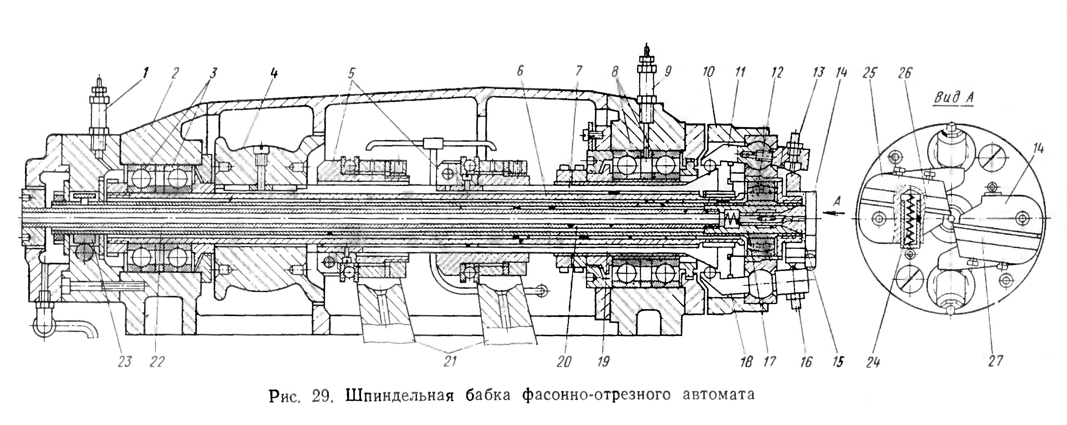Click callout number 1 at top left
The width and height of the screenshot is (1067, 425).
point(145,74)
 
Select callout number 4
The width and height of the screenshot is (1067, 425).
point(274,74)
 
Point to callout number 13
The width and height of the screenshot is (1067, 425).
point(819,72)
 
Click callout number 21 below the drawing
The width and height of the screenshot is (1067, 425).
point(450,361)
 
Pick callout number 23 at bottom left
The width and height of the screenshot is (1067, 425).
point(124,362)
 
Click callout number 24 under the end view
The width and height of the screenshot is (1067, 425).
point(873,362)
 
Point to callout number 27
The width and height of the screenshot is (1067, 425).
point(996,361)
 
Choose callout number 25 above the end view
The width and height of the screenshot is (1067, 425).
point(870,73)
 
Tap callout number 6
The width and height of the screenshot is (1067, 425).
point(520,71)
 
